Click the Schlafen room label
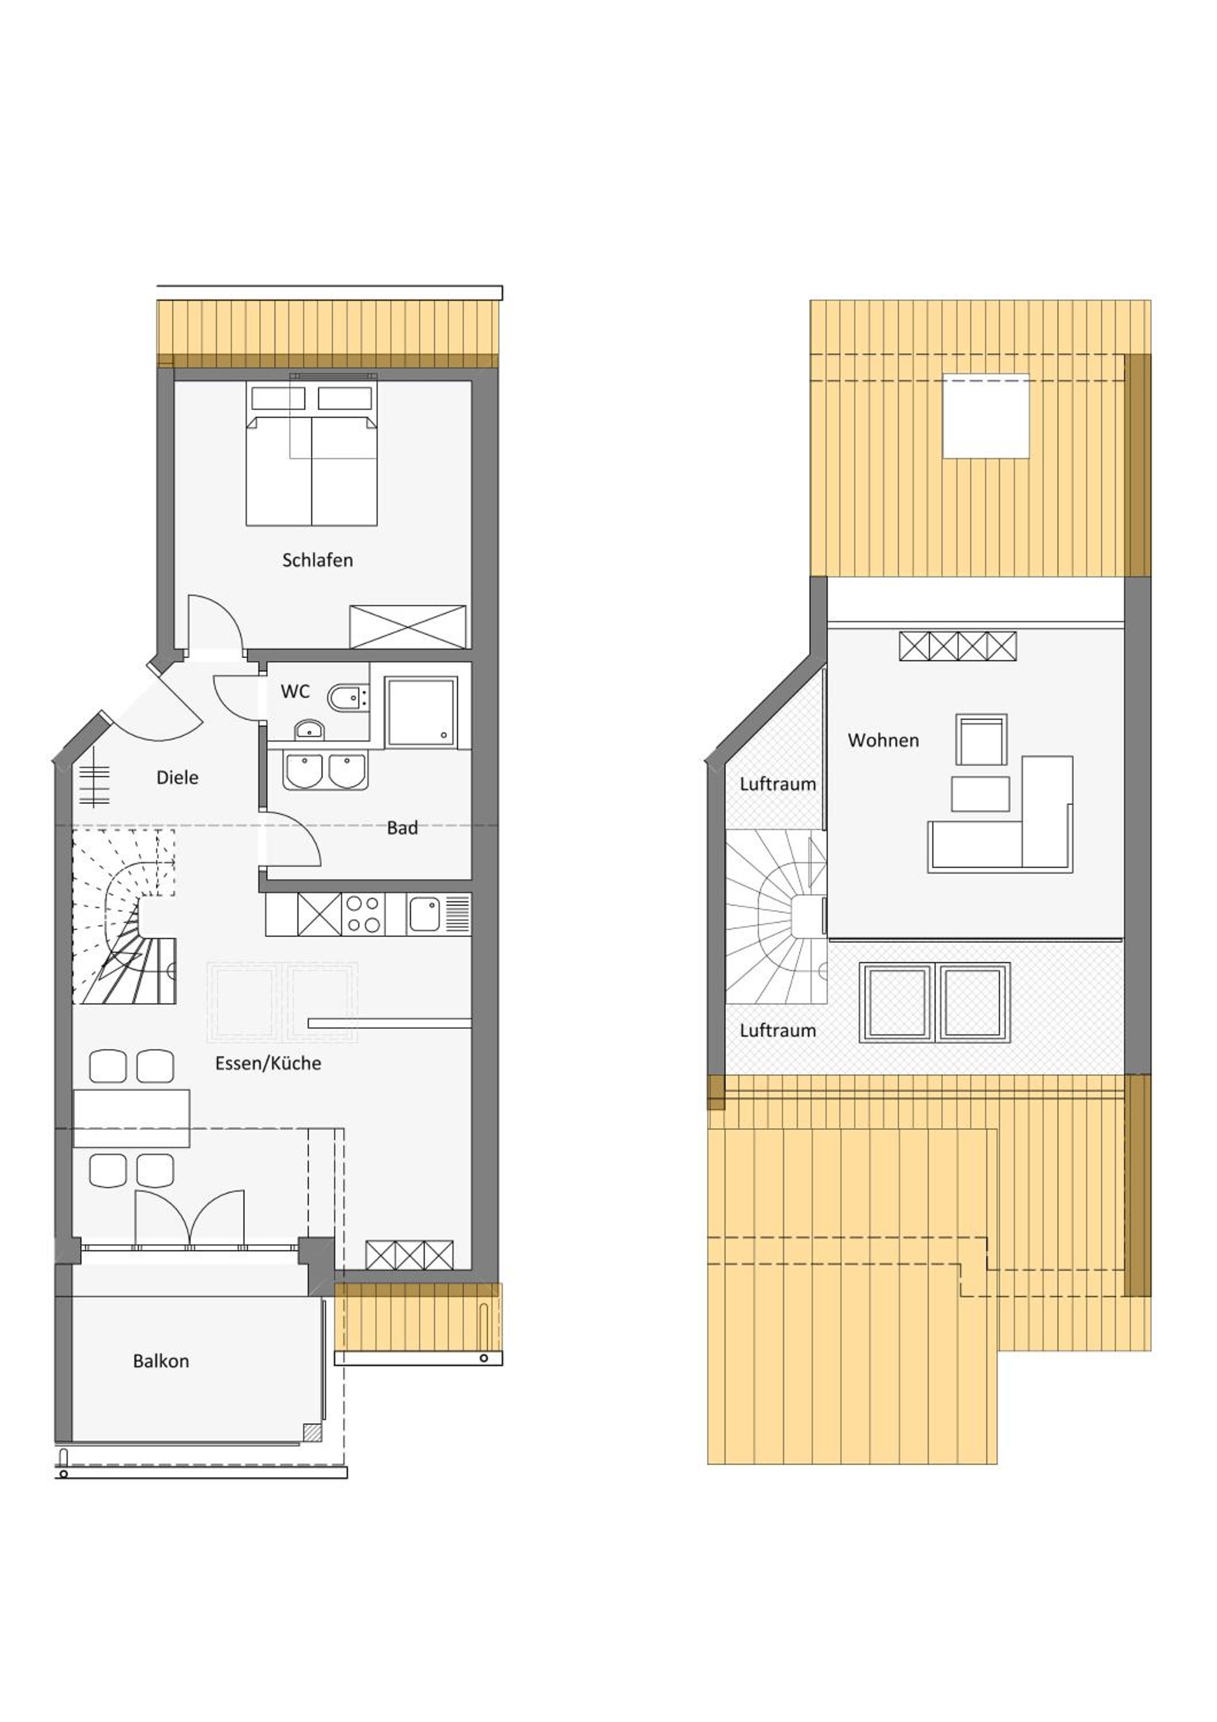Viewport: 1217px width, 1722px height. (x=317, y=560)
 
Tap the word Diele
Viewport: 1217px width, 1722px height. (x=177, y=778)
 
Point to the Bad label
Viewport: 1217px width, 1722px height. (x=402, y=828)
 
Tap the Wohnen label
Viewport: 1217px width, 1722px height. (x=883, y=740)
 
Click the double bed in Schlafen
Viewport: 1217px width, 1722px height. (x=311, y=455)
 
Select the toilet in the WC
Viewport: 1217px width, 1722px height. (x=347, y=697)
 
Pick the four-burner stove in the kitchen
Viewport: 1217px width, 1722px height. (x=363, y=914)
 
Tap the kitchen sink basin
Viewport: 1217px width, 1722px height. (x=424, y=915)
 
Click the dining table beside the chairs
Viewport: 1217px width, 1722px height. (x=131, y=1118)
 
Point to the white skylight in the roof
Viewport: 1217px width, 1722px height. (x=985, y=416)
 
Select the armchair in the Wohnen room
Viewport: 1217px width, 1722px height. (x=981, y=739)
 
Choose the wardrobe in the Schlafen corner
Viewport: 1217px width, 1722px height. (x=408, y=627)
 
